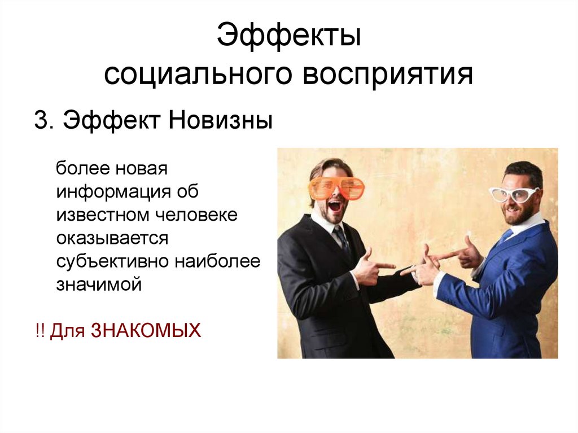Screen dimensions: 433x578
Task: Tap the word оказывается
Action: [x=112, y=238]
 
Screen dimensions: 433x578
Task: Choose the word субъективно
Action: [x=112, y=261]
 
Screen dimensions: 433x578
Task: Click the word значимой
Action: [x=98, y=285]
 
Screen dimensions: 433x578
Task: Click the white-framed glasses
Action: [x=514, y=194]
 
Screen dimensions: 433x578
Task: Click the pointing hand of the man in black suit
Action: [x=373, y=265]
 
